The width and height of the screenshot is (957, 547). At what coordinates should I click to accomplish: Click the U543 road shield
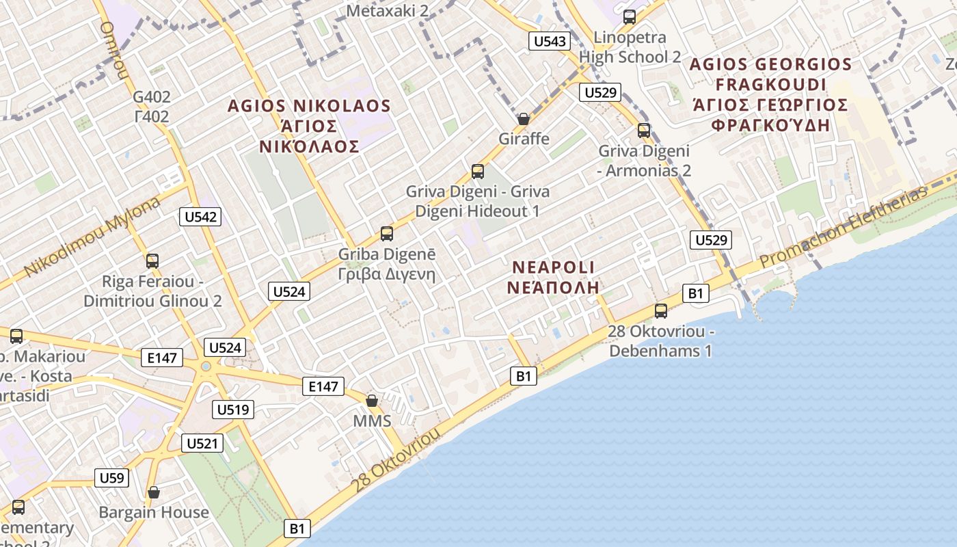pos(550,41)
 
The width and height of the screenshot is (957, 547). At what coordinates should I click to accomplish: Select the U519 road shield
pos(234,410)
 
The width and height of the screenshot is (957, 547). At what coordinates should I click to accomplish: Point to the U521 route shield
pos(203,443)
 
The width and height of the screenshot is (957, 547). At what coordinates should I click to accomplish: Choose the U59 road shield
pos(111,477)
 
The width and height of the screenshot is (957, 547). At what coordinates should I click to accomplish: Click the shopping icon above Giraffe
pos(524,119)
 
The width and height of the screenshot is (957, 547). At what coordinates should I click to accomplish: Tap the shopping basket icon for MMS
pos(372,400)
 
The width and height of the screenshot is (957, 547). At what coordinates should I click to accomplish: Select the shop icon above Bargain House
pos(154,492)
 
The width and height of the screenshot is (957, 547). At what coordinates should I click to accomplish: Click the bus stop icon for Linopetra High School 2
pos(630,17)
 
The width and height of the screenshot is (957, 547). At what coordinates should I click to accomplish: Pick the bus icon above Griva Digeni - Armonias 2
pos(644,130)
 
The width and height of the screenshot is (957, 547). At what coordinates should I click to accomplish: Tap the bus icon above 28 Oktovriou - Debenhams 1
pos(661,310)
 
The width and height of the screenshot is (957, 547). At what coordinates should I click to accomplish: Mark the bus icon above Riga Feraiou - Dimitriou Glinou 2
pos(152,261)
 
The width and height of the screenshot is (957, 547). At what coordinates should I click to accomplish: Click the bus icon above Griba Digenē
pos(387,234)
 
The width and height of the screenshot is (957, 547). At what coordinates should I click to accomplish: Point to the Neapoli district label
pos(554,277)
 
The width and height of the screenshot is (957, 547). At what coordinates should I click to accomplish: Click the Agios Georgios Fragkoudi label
pos(770,94)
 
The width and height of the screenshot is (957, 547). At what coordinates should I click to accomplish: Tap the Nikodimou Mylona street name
pos(92,237)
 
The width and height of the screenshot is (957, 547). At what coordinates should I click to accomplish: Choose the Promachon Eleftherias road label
pos(844,228)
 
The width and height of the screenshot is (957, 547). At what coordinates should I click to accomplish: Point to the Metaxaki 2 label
pos(387,10)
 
